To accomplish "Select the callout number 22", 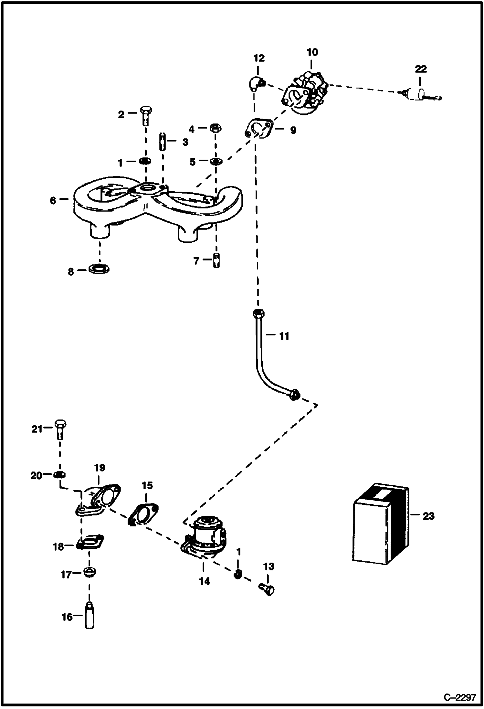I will click(421, 69).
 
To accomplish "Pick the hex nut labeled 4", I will click(215, 128).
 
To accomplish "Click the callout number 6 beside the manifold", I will click(53, 200).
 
